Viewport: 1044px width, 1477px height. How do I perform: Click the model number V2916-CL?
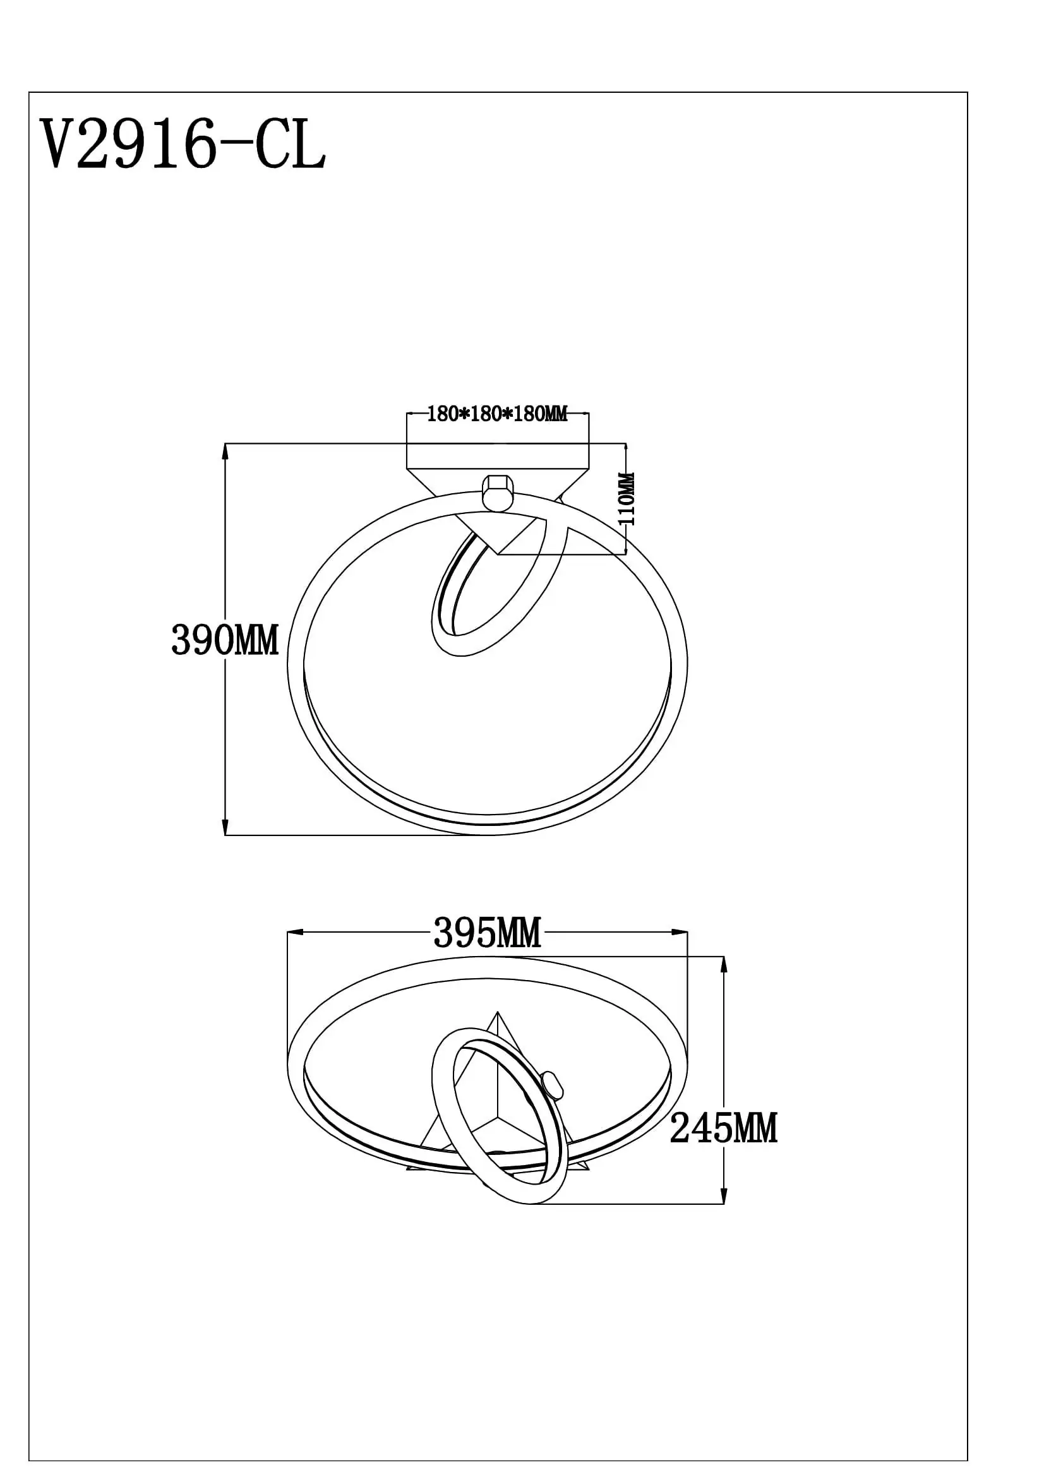pos(183,145)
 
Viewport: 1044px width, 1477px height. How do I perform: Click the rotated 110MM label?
pos(627,499)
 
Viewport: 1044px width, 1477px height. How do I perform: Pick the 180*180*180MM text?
pos(497,414)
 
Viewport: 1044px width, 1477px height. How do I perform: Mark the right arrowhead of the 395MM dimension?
pos(680,931)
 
